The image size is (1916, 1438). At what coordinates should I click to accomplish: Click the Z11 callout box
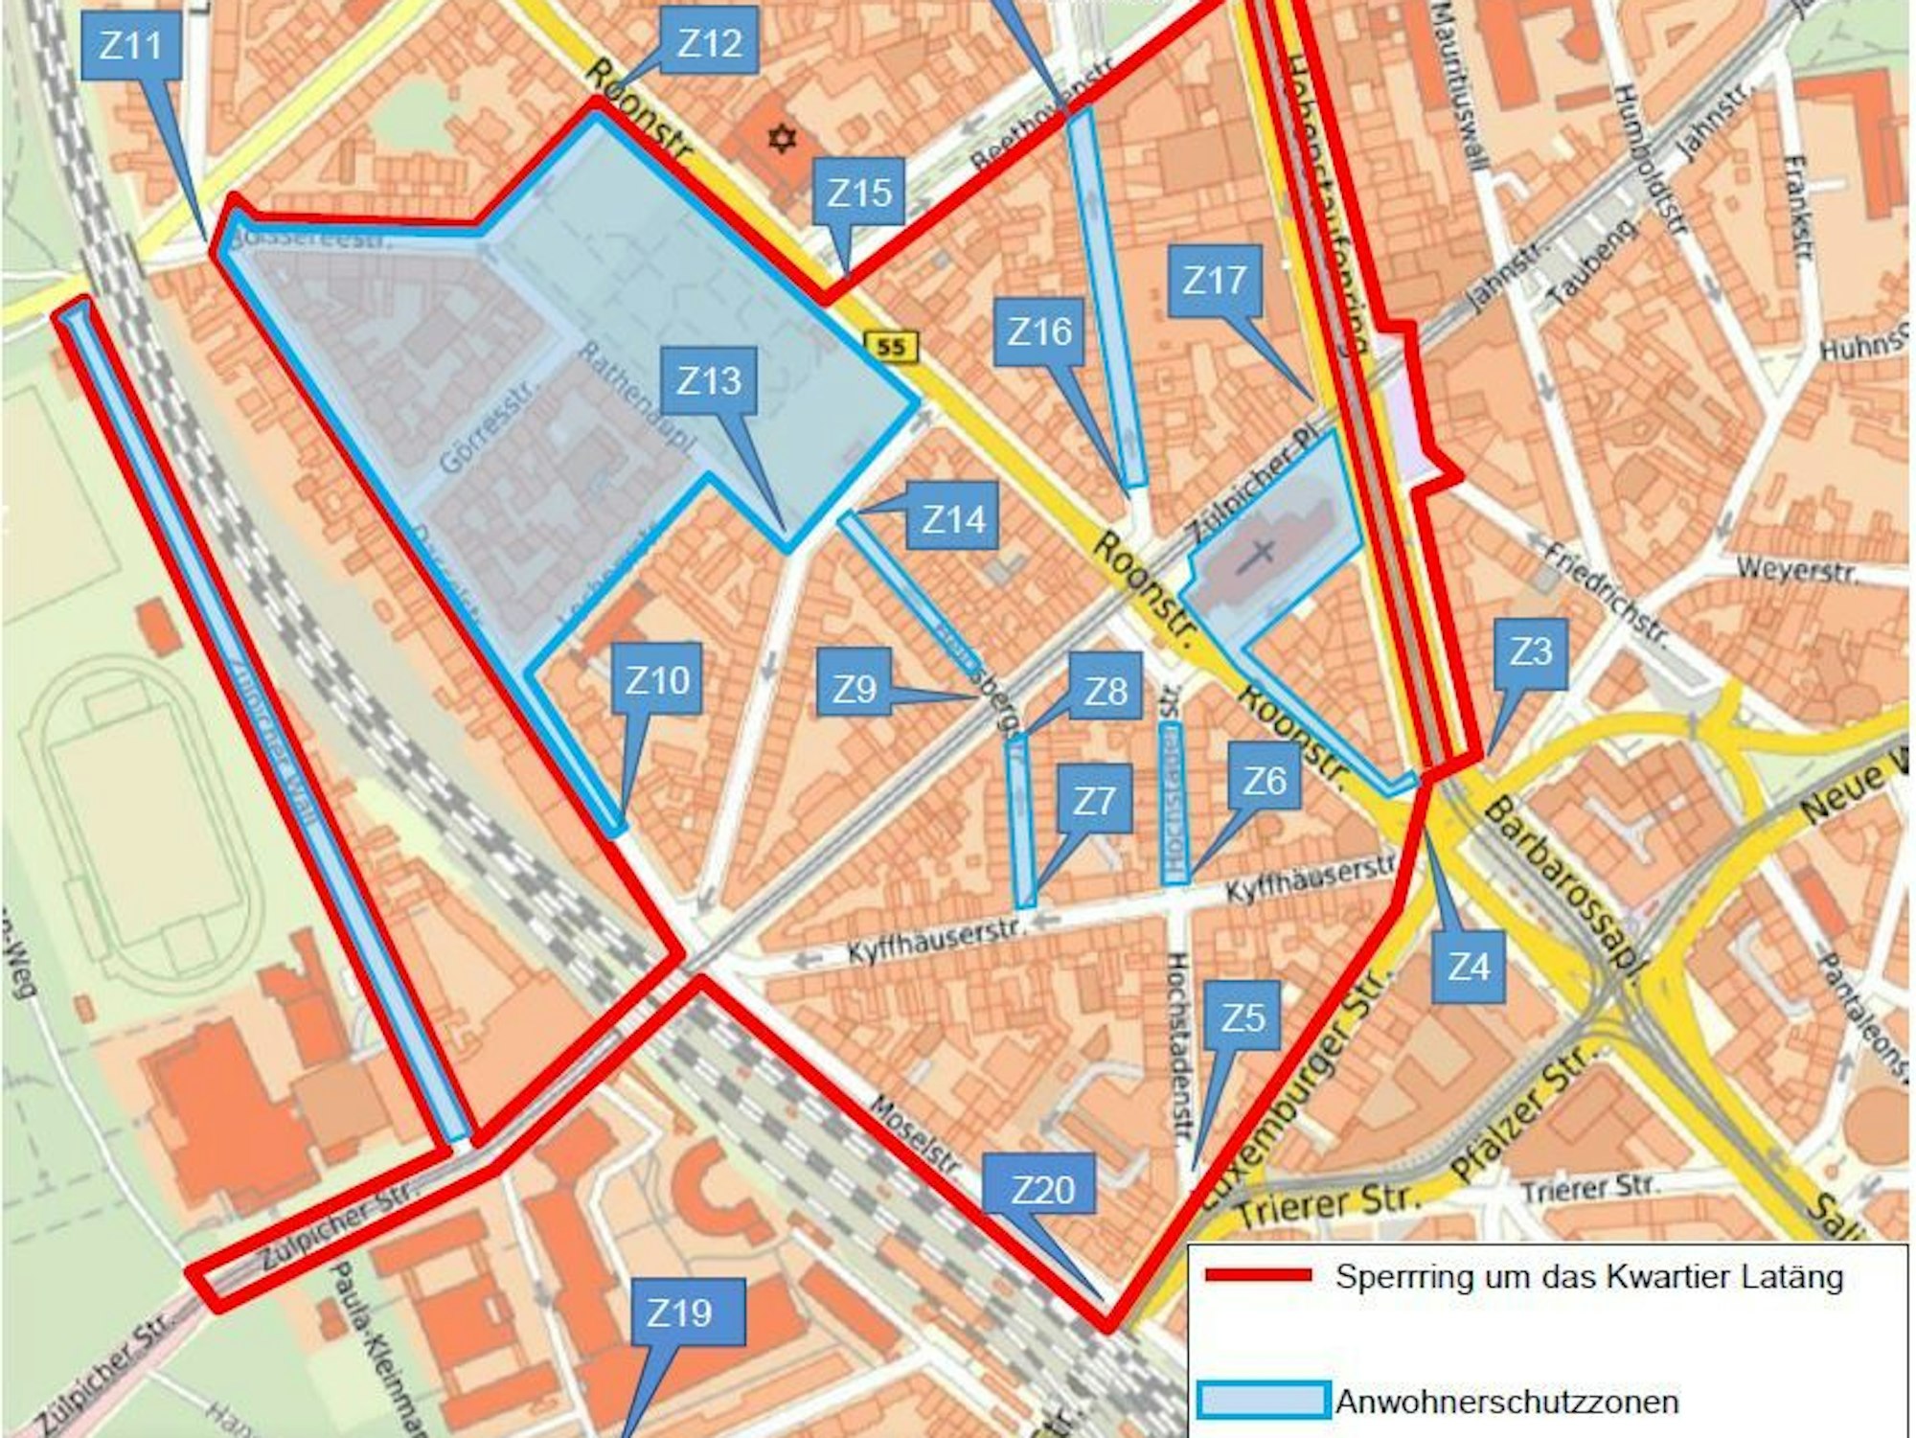[130, 45]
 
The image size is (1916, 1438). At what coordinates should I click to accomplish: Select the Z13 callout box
[709, 381]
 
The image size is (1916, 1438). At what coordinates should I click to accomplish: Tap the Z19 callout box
[679, 1312]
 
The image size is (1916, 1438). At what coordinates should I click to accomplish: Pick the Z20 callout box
[1043, 1189]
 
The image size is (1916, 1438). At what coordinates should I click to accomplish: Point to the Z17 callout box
[1215, 281]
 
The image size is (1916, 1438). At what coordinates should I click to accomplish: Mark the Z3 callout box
[1531, 653]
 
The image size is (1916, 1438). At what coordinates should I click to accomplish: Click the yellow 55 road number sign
[891, 347]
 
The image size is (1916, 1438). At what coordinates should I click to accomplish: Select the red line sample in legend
[1257, 1275]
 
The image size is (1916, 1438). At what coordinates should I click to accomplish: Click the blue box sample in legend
[1263, 1401]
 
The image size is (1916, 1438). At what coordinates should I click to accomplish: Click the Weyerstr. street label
[1796, 570]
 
